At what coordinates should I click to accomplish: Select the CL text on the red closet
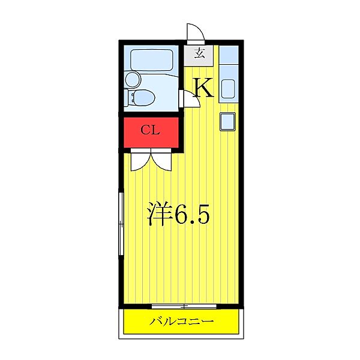pyautogui.click(x=150, y=130)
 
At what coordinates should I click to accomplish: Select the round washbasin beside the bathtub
pyautogui.click(x=132, y=79)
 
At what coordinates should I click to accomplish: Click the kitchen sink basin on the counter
pyautogui.click(x=228, y=89)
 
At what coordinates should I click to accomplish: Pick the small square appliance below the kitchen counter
pyautogui.click(x=228, y=121)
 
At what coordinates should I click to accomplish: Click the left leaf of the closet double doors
pyautogui.click(x=139, y=161)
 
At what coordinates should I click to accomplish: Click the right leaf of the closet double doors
pyautogui.click(x=163, y=161)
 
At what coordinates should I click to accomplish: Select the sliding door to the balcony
pyautogui.click(x=184, y=305)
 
